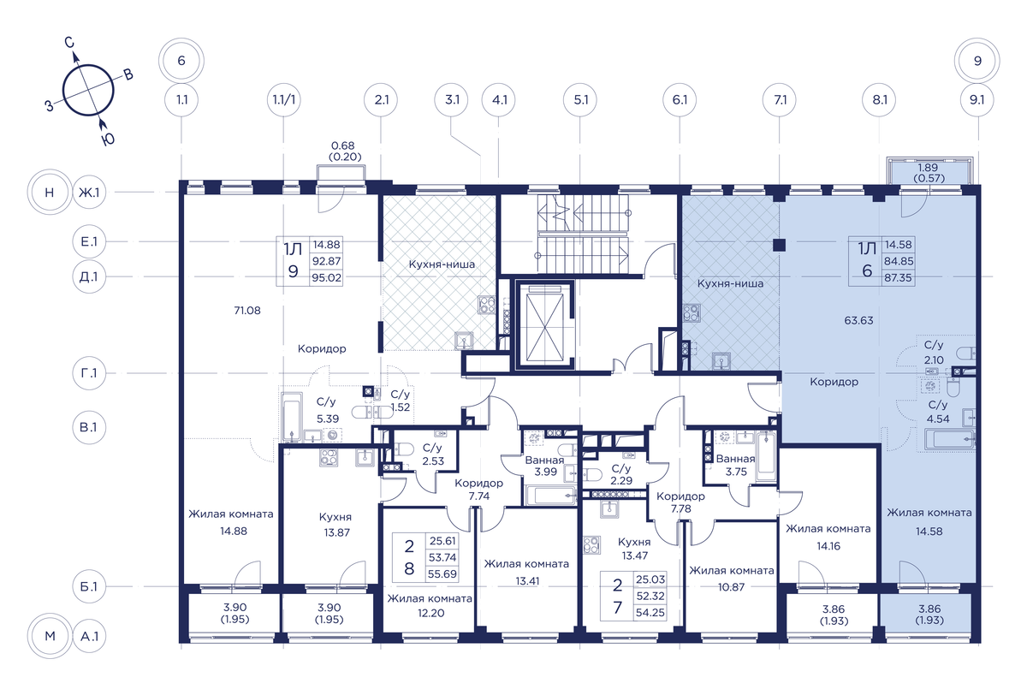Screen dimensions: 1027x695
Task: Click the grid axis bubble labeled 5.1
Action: [580, 99]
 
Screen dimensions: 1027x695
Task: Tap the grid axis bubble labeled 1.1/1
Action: [284, 99]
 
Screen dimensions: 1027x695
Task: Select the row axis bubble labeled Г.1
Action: [89, 373]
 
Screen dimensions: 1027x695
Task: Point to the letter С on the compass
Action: [69, 43]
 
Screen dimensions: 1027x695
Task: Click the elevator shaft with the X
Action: [544, 324]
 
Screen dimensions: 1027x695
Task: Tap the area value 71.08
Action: [247, 311]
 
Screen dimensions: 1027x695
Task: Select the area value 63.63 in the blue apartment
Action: [858, 320]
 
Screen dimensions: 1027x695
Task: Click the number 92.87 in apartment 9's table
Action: [326, 261]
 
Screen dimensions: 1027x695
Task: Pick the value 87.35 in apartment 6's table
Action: [898, 278]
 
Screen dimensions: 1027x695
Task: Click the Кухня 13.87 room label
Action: [336, 525]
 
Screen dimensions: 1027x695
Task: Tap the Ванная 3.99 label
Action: [545, 466]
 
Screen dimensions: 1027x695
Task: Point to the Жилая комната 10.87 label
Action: [731, 579]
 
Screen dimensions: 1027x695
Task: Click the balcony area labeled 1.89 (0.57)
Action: [929, 173]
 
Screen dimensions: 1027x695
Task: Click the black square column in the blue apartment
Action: [779, 246]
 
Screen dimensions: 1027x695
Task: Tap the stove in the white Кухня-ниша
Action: [487, 305]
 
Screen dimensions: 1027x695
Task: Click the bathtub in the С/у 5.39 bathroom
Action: [292, 417]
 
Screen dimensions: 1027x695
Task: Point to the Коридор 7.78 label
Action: [680, 502]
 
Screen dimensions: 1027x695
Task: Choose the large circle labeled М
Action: [50, 636]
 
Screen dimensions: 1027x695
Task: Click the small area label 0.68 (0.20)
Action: [344, 151]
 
